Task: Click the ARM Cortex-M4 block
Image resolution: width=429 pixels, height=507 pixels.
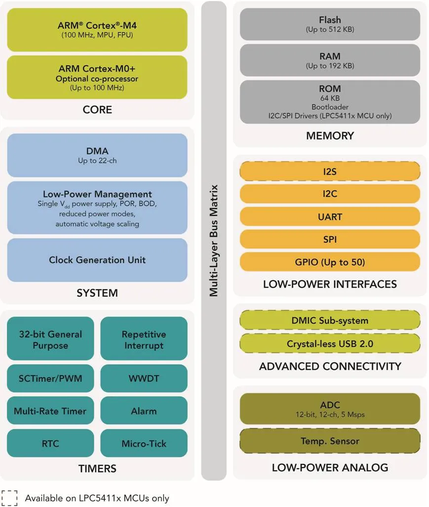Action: coord(97,30)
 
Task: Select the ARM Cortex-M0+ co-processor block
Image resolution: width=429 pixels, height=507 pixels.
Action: coord(97,77)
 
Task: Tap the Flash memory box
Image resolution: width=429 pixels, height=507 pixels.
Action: coord(330,24)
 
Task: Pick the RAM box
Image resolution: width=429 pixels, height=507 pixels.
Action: coord(330,60)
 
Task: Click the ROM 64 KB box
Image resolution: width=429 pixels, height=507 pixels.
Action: coord(330,102)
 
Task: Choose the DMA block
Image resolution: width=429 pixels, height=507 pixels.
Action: coord(97,155)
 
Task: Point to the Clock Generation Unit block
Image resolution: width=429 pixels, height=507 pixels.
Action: coord(97,260)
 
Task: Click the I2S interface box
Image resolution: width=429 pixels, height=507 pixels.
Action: coord(330,171)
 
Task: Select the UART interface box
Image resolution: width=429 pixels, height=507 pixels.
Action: coord(330,216)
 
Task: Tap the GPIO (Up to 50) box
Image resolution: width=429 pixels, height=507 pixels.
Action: coord(330,262)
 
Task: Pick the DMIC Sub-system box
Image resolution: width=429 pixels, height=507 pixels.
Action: coord(330,321)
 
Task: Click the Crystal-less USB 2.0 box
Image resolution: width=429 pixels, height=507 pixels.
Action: coord(330,343)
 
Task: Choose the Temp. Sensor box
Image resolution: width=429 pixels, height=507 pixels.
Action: coord(330,441)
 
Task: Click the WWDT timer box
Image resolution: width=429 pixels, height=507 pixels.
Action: coord(144,379)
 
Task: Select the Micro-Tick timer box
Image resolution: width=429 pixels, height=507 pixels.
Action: coord(144,443)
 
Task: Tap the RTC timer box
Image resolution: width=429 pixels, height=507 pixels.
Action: coord(50,443)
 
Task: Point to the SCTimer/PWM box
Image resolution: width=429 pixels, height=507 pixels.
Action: coord(50,379)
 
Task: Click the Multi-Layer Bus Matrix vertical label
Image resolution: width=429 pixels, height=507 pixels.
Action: coord(214,241)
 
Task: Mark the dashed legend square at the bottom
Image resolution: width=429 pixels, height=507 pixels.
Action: coord(9,498)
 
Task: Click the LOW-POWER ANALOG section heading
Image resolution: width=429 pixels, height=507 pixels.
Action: coord(330,467)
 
